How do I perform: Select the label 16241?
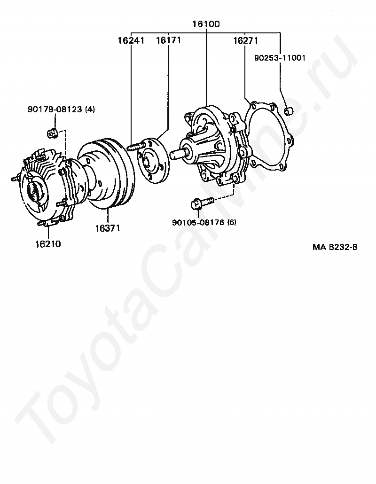coord(131,41)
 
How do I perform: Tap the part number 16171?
coord(168,41)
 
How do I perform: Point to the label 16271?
coord(245,41)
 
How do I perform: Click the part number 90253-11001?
coord(280,58)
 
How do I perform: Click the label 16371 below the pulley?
coord(108,228)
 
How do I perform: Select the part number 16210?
coord(47,244)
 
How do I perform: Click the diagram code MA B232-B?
coord(335,247)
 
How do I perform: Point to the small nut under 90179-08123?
coord(53,133)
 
